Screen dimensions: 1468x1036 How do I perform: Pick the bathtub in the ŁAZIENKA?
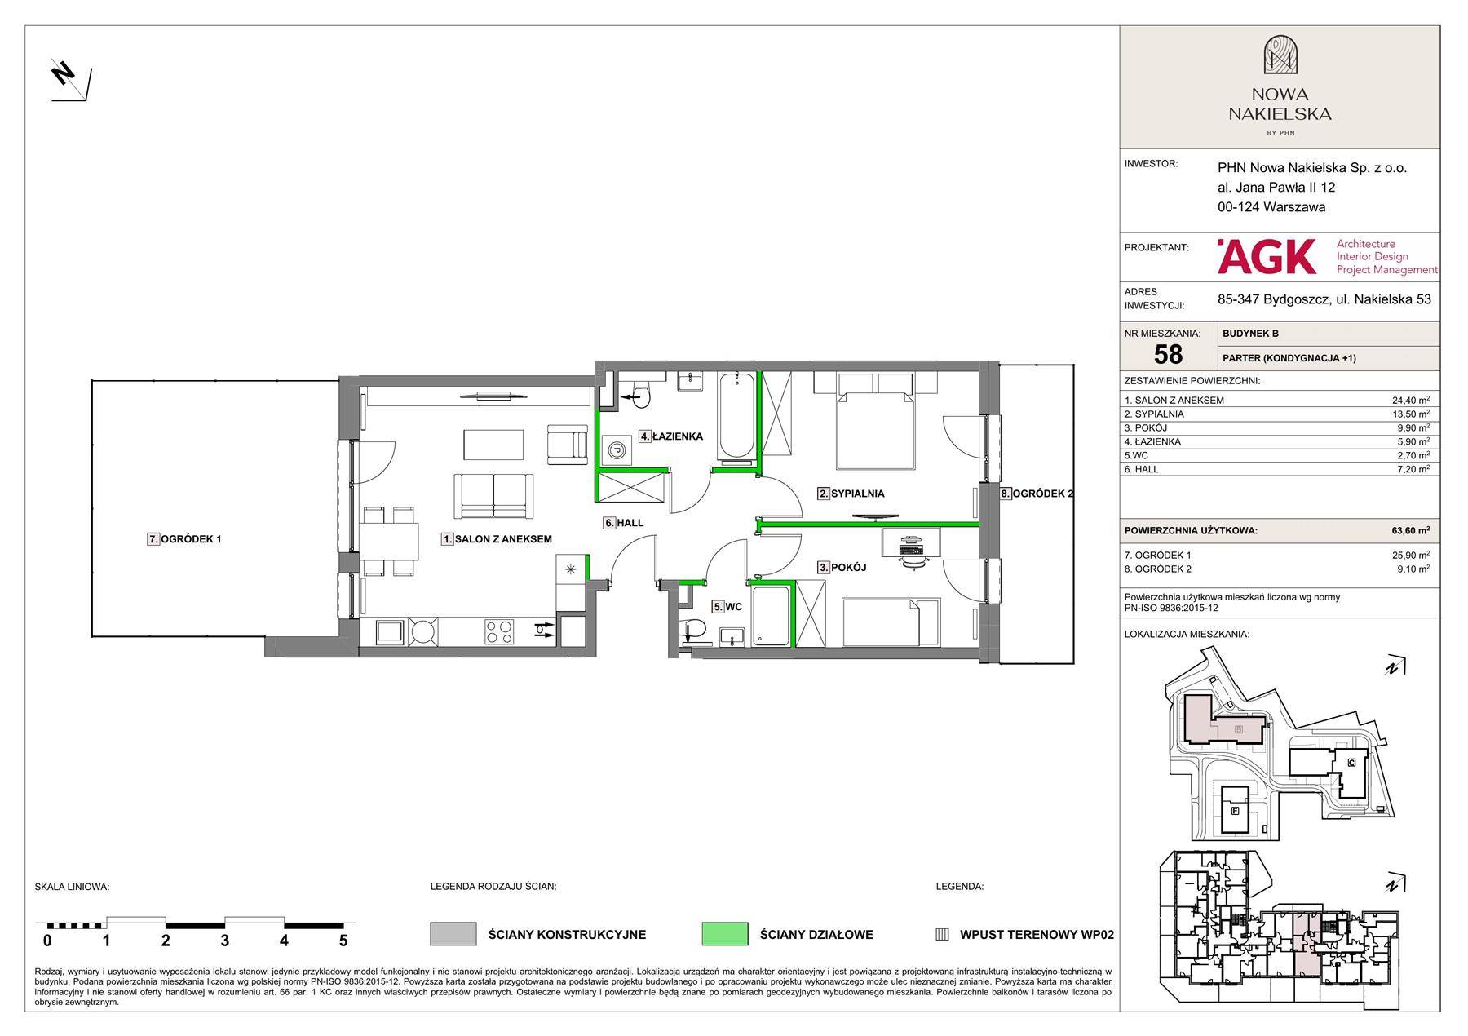click(737, 415)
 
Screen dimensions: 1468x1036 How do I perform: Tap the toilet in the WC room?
click(693, 629)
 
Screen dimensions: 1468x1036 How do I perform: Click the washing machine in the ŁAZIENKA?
click(617, 449)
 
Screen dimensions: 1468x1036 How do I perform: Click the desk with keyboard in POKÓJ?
click(912, 543)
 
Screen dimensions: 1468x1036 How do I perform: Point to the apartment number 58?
click(1168, 354)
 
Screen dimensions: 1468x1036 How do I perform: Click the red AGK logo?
click(1267, 256)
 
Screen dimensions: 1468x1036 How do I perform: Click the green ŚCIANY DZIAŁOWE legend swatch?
click(724, 934)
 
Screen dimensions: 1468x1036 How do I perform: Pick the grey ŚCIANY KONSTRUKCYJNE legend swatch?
click(453, 934)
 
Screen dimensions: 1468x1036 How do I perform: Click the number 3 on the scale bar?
click(225, 941)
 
